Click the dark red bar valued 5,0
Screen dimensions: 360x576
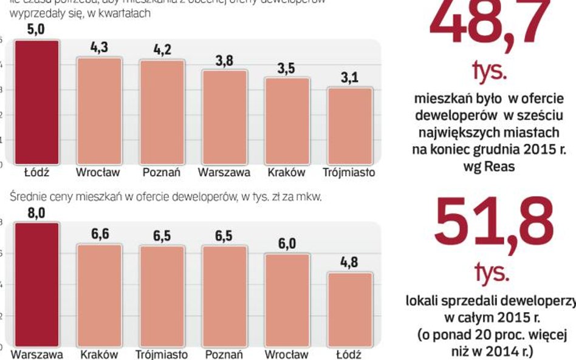tap(36, 101)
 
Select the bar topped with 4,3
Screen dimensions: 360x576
tap(99, 110)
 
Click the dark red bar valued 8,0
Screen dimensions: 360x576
tap(36, 284)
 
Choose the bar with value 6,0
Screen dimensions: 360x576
tap(286, 299)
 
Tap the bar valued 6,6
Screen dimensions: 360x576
tap(99, 295)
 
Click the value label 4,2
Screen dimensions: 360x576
tap(162, 50)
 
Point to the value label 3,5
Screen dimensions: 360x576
tap(286, 69)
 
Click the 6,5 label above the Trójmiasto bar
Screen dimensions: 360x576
tap(162, 236)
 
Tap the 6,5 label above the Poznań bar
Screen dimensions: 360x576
tap(224, 236)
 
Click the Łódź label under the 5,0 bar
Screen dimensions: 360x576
tap(36, 172)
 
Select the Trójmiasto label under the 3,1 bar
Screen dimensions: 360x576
tap(349, 172)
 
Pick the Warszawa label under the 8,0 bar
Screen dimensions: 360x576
tap(36, 354)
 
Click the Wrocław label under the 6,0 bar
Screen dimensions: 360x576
tap(286, 354)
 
